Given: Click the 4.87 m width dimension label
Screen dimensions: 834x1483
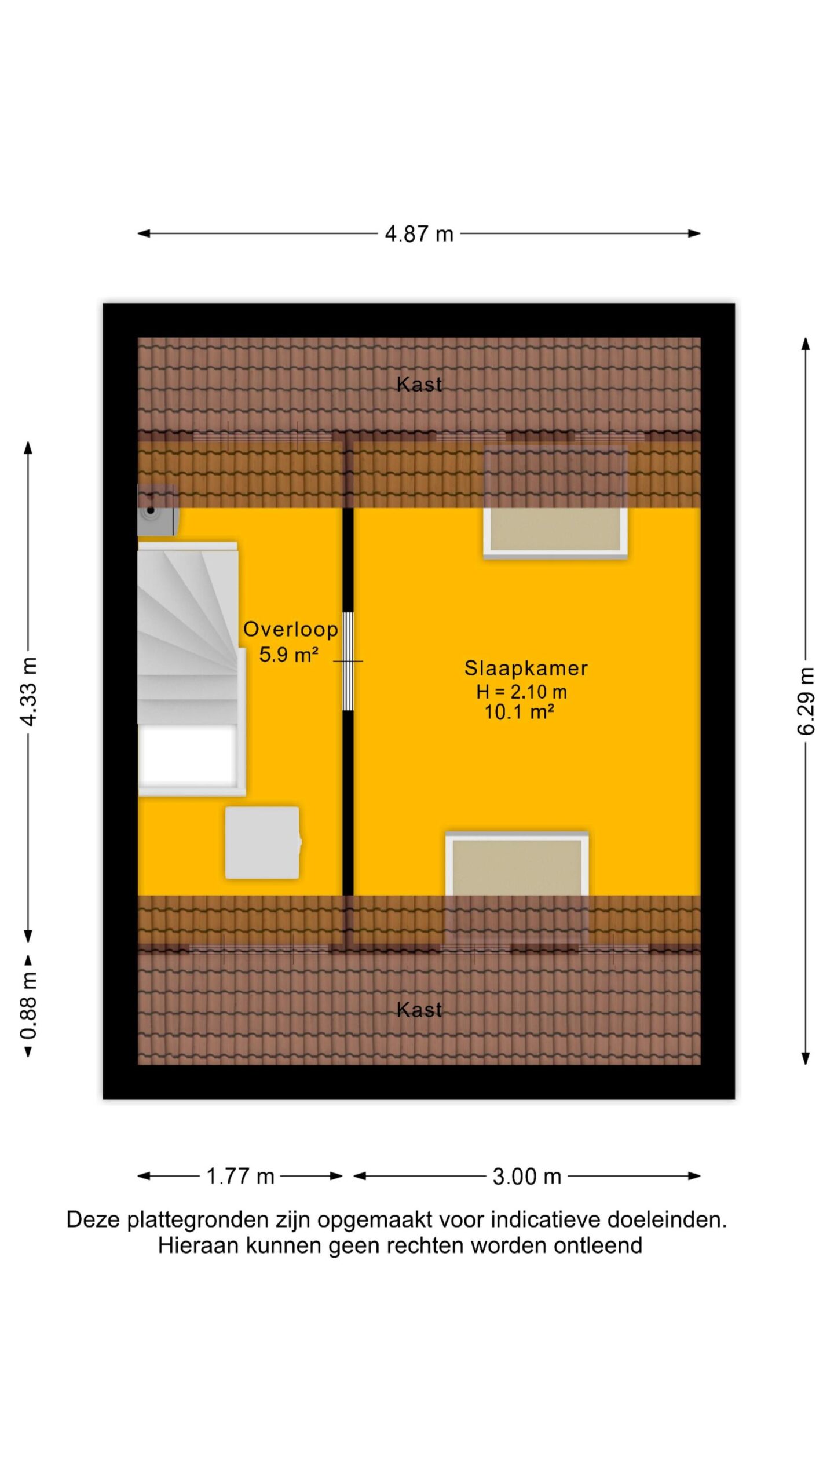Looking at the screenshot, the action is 419,234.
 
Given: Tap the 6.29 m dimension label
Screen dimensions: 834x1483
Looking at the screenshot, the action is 806,701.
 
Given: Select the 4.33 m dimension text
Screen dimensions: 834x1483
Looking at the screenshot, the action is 28,692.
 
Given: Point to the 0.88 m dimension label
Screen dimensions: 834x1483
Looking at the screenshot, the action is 28,1006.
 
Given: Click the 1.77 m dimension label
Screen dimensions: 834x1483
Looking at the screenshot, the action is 240,1177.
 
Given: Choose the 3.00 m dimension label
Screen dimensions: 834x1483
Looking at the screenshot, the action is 527,1177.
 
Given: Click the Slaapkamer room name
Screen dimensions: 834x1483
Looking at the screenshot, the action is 526,669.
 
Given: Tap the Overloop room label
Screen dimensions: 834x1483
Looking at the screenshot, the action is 291,629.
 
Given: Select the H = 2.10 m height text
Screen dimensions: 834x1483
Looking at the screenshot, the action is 521,692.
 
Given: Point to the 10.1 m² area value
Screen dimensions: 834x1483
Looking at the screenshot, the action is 519,712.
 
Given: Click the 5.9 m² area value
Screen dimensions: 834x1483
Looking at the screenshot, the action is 288,655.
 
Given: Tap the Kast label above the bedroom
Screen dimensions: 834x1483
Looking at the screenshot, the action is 419,384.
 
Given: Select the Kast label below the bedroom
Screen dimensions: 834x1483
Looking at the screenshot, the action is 419,1010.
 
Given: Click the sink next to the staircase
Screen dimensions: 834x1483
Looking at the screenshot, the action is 157,510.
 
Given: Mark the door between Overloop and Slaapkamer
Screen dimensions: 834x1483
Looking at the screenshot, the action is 348,662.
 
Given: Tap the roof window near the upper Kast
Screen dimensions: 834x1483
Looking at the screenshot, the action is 555,502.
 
